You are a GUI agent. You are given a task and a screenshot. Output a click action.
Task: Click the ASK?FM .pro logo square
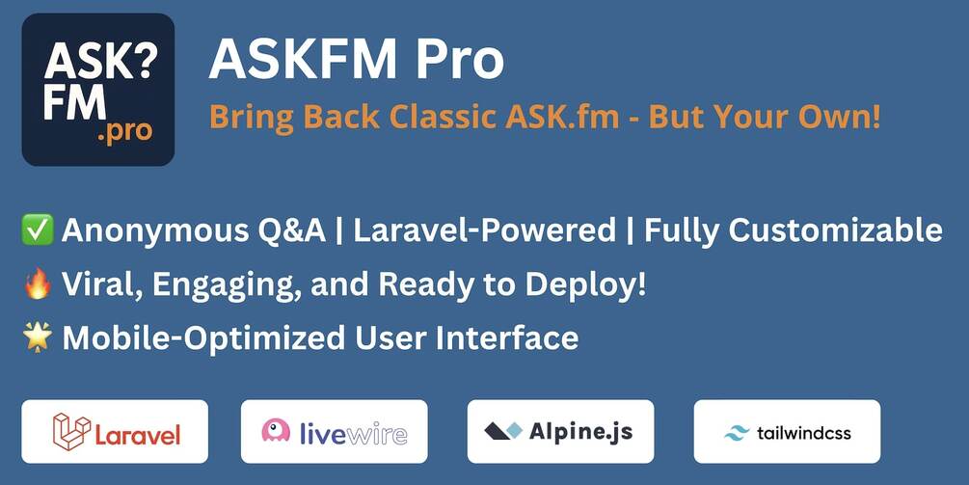pyautogui.click(x=97, y=90)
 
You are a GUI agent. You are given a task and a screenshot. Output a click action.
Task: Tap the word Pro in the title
pyautogui.click(x=461, y=61)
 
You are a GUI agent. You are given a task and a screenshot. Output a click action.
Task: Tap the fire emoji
pyautogui.click(x=36, y=285)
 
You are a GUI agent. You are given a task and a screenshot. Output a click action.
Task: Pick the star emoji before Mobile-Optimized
pyautogui.click(x=36, y=338)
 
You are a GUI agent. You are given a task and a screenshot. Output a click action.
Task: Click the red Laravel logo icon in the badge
pyautogui.click(x=71, y=432)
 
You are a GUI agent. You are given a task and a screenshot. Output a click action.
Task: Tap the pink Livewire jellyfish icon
pyautogui.click(x=276, y=431)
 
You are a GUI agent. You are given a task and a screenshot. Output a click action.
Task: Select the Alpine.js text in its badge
pyautogui.click(x=580, y=431)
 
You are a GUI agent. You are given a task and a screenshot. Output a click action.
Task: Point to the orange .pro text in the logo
pyautogui.click(x=125, y=132)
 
